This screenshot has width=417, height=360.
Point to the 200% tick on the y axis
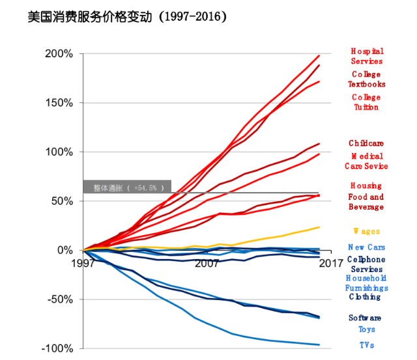click(59, 53)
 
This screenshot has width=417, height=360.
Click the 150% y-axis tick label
click(59, 103)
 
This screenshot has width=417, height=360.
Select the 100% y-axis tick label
click(59, 152)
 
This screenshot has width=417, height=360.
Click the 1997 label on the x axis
click(83, 264)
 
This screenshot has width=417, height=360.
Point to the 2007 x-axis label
click(207, 264)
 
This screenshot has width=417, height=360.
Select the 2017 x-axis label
click(330, 264)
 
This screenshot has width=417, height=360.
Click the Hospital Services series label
click(367, 56)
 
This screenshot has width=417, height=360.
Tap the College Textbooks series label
click(366, 79)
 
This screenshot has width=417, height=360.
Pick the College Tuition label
click(366, 102)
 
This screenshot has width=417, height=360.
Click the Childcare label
click(366, 143)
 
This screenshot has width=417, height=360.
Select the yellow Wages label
click(366, 231)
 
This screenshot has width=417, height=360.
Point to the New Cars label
click(366, 247)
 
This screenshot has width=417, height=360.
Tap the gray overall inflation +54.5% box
click(127, 187)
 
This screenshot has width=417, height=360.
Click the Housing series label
click(366, 186)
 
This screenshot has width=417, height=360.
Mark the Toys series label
click(366, 329)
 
